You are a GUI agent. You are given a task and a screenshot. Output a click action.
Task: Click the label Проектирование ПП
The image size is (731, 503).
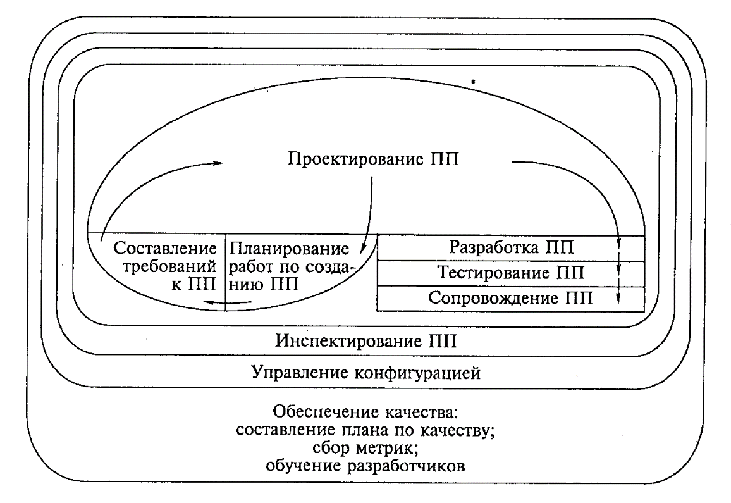373,159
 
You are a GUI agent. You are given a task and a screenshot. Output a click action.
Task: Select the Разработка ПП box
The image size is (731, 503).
511,248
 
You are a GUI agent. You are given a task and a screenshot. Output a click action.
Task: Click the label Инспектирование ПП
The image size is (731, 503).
366,341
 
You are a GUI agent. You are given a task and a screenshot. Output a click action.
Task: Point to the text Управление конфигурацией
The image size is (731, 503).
366,373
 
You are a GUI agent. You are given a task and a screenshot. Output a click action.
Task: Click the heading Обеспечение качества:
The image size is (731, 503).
366,413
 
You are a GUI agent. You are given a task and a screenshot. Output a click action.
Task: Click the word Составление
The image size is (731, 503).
165,248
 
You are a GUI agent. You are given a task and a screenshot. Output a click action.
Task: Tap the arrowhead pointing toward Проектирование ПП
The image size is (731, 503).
218,163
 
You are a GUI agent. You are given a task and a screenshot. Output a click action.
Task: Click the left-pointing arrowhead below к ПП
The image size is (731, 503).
209,303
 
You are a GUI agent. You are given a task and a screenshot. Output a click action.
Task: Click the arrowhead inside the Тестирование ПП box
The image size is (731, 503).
619,270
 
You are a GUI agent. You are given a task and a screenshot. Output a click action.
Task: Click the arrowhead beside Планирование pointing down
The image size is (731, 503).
363,250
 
